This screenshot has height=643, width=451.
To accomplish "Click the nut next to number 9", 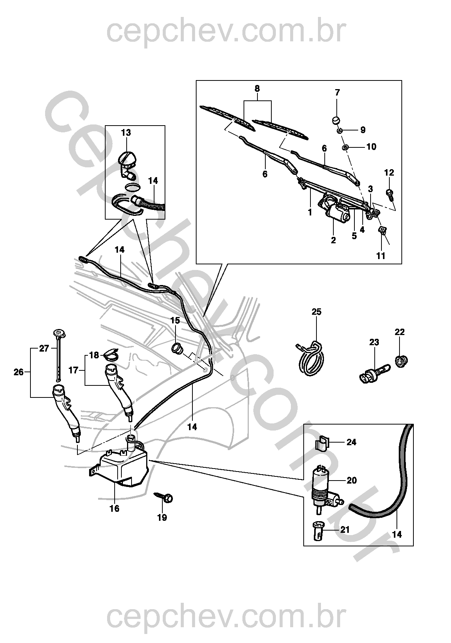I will [x=340, y=130].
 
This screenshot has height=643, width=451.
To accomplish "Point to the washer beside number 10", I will [x=345, y=147].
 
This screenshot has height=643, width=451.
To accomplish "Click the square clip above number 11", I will [x=382, y=230].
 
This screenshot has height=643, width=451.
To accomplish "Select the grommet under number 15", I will [x=177, y=348].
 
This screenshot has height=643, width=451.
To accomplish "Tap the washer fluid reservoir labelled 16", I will [x=122, y=467].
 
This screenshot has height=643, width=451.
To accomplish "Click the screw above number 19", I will [x=166, y=497].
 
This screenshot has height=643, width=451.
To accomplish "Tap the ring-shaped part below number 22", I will [x=401, y=362].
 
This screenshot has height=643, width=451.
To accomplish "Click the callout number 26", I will [x=18, y=372].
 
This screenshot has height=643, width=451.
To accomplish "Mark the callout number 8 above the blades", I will [x=257, y=89].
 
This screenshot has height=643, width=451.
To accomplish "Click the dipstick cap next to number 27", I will [x=58, y=333].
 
